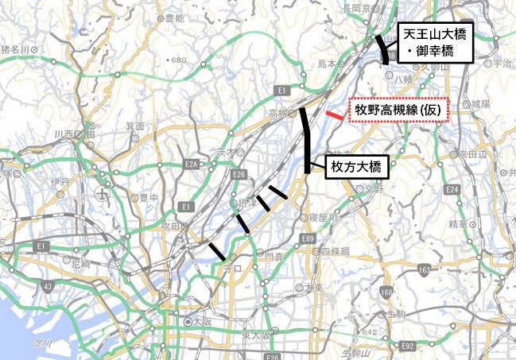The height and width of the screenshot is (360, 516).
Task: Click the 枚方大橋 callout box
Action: [356, 166]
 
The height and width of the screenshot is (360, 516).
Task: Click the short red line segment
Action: [335, 116]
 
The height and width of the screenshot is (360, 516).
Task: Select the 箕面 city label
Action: [135, 126]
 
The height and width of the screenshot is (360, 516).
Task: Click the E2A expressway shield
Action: [191, 165]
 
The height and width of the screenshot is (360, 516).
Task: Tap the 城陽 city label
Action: [479, 104]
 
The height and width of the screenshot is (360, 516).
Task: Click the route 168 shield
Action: [387, 294]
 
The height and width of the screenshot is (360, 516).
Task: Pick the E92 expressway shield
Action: [408, 346]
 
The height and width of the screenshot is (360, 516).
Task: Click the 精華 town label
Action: [459, 225]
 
